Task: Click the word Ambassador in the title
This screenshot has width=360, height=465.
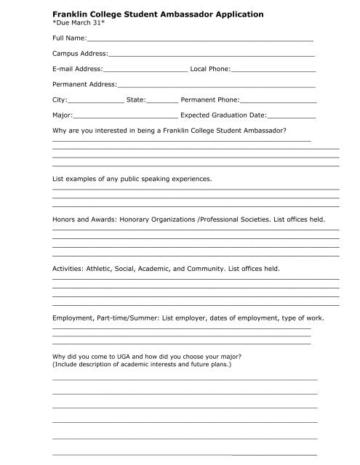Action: click(190, 14)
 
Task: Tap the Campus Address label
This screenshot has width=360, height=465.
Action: click(79, 54)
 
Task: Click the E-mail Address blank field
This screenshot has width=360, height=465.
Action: click(145, 70)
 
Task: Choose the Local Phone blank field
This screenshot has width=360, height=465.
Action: click(273, 70)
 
